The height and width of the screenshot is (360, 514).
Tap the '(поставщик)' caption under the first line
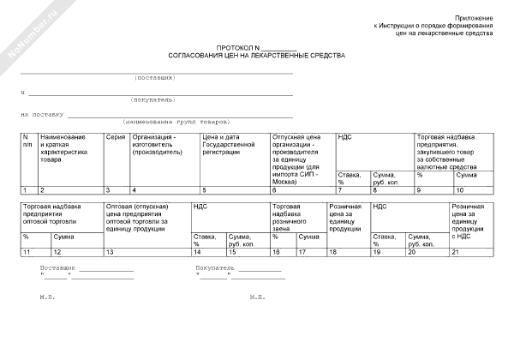(x=155, y=78)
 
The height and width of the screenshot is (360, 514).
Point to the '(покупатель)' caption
(x=155, y=99)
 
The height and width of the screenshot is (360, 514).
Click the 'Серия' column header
(x=115, y=136)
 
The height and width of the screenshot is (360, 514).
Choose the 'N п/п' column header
(x=27, y=141)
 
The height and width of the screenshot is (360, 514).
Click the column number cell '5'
(x=204, y=189)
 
